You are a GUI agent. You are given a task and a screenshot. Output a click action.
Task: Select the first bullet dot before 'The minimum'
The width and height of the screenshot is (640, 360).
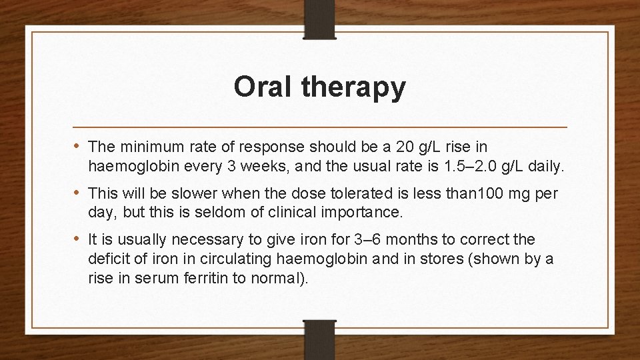click(x=79, y=145)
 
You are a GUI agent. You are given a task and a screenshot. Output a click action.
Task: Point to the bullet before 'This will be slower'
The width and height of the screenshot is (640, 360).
click(x=79, y=193)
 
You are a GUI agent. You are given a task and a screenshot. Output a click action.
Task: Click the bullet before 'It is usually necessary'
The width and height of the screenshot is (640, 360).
click(x=79, y=239)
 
